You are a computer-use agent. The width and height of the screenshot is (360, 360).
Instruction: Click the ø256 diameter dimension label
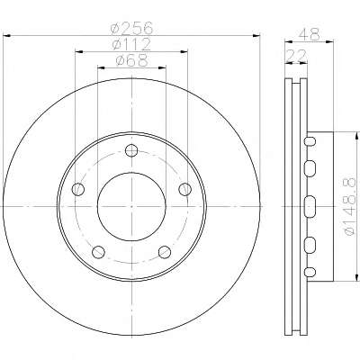point(131,29)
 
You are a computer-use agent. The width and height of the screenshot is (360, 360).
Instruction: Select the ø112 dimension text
point(131,45)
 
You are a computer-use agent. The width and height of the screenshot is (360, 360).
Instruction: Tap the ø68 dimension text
point(131,61)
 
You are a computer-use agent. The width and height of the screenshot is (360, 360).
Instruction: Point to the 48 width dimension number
point(309,34)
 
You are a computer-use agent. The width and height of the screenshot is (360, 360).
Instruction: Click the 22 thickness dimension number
point(297,56)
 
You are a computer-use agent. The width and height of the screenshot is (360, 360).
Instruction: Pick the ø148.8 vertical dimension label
point(351,206)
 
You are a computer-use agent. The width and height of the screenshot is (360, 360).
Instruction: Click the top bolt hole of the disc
point(131,150)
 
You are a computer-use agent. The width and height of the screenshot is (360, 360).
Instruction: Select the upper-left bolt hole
point(78,189)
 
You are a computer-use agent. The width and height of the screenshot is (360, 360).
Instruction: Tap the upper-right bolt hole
point(184,189)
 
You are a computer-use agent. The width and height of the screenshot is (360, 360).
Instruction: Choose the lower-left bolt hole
point(98,252)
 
